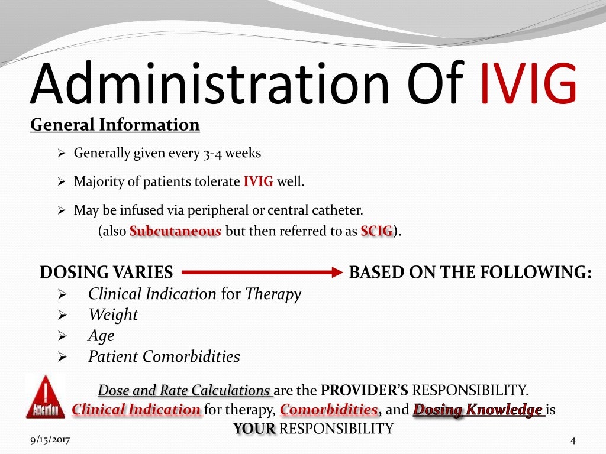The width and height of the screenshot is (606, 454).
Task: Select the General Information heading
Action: [115, 125]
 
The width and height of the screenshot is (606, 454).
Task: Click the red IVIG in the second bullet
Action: [258, 181]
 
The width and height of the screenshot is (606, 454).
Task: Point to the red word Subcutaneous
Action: [175, 231]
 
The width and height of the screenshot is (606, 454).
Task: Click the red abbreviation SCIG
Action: [376, 231]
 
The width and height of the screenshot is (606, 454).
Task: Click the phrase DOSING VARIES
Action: [107, 273]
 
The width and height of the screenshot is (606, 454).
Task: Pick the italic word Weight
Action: [113, 314]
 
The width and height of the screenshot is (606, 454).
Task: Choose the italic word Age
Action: [101, 336]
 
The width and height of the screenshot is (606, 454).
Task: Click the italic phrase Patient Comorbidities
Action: [164, 357]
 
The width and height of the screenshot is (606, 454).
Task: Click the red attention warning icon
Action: [46, 396]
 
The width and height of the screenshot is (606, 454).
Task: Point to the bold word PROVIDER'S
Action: [365, 391]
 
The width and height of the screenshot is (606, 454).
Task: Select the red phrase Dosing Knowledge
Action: [478, 410]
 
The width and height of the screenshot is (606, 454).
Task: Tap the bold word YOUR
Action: [254, 429]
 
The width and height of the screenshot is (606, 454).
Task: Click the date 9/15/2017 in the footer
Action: [50, 440]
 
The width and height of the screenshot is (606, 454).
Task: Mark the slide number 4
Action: [572, 440]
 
